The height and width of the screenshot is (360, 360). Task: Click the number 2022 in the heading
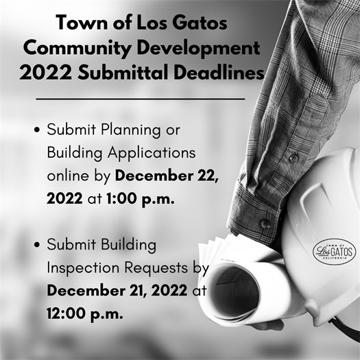(x=42, y=73)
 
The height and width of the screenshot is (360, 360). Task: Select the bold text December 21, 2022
(x=117, y=290)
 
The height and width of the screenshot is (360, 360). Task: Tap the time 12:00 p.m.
(x=85, y=313)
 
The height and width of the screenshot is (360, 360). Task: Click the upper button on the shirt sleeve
(x=293, y=158)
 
